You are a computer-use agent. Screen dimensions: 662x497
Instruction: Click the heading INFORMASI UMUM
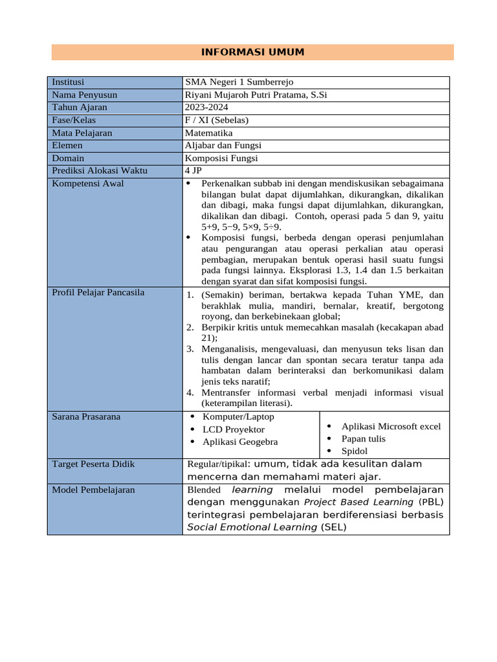tap(252, 52)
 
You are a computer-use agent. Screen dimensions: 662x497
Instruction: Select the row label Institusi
tap(68, 82)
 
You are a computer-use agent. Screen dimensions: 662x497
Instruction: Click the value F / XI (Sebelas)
tap(216, 120)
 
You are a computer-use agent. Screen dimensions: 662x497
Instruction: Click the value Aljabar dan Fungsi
tap(223, 145)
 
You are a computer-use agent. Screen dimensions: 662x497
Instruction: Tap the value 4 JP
tap(193, 171)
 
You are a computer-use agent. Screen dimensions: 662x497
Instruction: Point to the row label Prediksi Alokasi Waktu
tap(100, 171)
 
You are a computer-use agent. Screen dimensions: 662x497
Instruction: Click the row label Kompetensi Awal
tap(87, 184)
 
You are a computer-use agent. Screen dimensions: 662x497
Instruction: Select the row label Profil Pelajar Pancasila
tap(98, 293)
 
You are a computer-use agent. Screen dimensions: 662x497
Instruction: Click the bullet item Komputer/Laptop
tap(238, 417)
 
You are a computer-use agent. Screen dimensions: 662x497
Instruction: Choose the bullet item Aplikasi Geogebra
tap(240, 442)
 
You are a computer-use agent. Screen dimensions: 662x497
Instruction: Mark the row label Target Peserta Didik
tap(93, 464)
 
